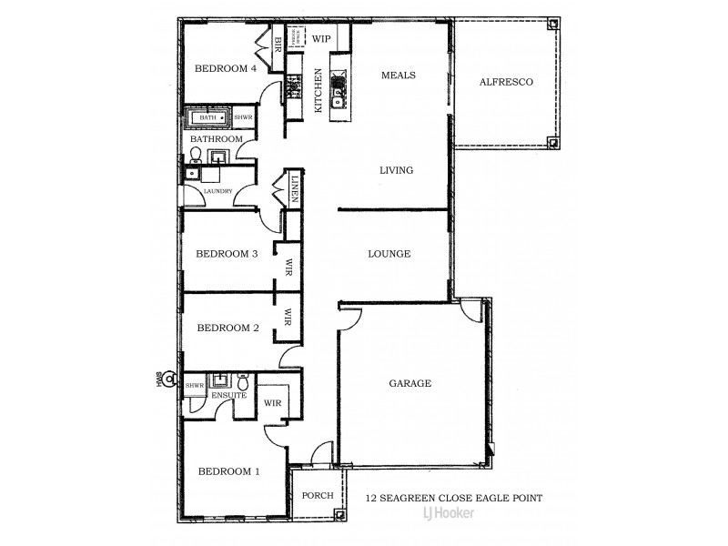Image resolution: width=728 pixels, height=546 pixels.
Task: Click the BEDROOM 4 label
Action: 227,69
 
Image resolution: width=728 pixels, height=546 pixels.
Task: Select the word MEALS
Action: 399,76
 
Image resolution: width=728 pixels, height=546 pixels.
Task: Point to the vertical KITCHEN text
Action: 318,91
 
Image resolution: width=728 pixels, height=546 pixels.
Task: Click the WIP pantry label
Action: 321,39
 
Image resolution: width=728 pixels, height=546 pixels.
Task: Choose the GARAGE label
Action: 409,384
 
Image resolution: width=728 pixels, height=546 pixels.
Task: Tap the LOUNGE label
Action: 389,254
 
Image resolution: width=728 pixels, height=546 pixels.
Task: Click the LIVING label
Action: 397,170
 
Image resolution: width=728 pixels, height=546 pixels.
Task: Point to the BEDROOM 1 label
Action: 228,471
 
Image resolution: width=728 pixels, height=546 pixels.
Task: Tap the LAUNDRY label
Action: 217,191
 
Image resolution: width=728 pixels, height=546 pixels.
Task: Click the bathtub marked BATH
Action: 210,118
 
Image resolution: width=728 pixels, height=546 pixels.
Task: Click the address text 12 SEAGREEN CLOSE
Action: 453,498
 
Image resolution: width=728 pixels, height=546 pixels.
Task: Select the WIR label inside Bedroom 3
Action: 288,267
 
